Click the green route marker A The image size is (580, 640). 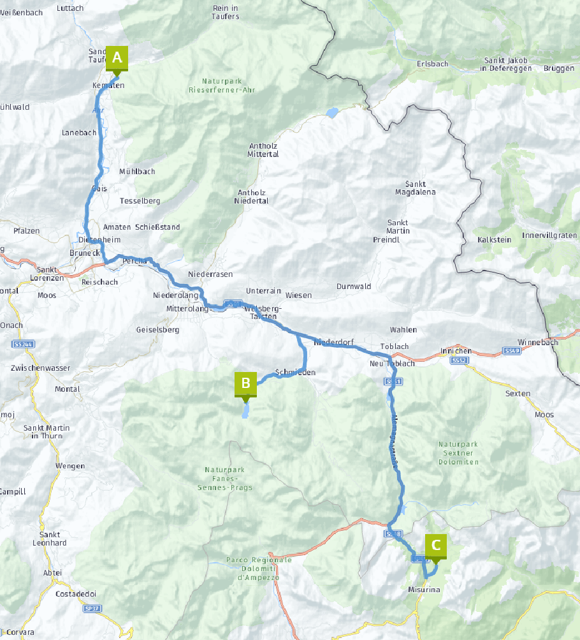[x=117, y=58]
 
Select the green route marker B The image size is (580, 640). [x=245, y=384]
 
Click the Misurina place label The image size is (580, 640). [x=424, y=590]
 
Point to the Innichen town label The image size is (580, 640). [x=456, y=351]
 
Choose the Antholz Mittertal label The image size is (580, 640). [x=263, y=150]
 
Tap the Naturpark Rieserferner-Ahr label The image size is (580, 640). [x=222, y=86]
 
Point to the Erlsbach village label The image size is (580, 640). [x=432, y=64]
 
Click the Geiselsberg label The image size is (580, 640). [x=157, y=330]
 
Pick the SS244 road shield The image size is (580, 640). [x=22, y=345]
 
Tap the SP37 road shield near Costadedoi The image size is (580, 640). [x=92, y=609]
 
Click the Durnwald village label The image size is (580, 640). [x=354, y=287]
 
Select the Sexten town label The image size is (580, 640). [x=517, y=394]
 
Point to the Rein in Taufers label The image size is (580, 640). [x=225, y=12]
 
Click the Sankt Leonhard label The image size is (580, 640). [x=50, y=539]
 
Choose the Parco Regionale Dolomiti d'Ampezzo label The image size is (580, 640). [x=258, y=569]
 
